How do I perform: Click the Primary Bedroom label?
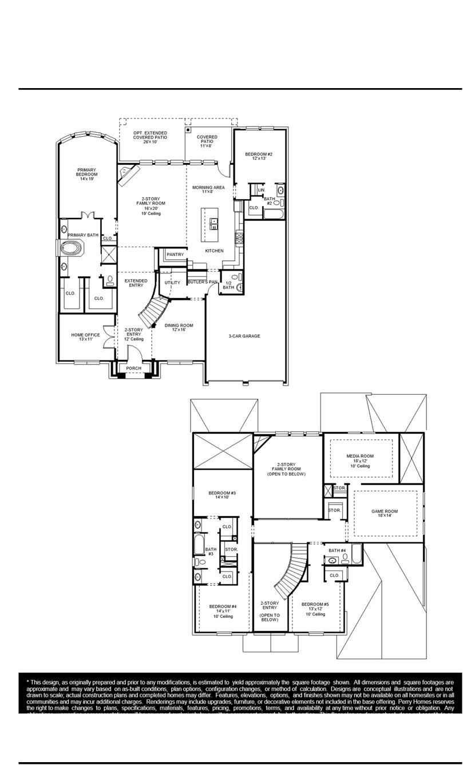pos(87,174)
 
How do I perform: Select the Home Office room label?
pos(85,337)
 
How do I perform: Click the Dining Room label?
pos(179,327)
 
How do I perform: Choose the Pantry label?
pos(175,254)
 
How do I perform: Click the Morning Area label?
pos(208,189)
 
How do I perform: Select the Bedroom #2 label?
pos(259,156)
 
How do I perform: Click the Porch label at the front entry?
pos(133,368)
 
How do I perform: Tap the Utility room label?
pos(172,283)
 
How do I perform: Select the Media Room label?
pos(360,461)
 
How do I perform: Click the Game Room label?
pos(384,514)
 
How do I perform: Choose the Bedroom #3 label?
pos(222,495)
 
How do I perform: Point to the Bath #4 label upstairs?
pos(337,550)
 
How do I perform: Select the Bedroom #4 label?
pos(223,609)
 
